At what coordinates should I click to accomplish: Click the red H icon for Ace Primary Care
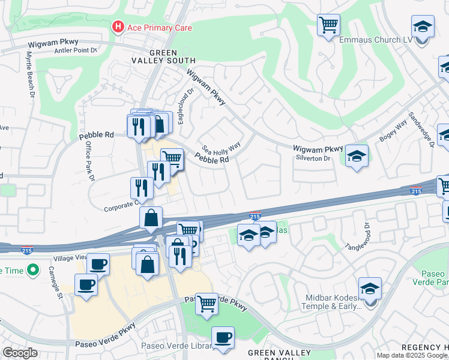pos(118,27)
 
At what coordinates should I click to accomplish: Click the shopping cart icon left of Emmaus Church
pos(328,25)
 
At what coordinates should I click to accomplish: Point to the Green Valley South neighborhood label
pos(164,56)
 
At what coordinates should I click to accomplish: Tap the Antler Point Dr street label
pos(75,50)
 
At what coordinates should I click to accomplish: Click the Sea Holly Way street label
pos(220,148)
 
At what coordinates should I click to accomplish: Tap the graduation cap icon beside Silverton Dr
pos(357,156)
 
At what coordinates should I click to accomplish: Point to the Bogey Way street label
pos(393,133)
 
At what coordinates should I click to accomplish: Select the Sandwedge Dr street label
pos(422,129)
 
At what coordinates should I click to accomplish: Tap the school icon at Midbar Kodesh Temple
pos(370,288)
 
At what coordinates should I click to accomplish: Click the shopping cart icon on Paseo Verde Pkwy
pos(206,303)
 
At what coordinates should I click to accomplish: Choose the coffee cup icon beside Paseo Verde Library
pos(223,337)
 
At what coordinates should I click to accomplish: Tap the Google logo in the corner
pos(20,353)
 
